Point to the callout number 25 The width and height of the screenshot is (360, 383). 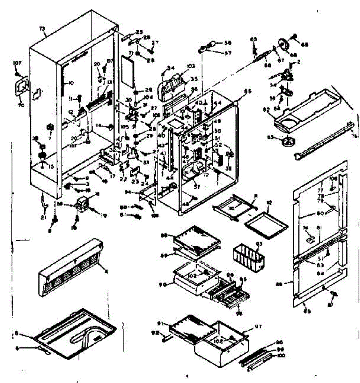pos(139,32)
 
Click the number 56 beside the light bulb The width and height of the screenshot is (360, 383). pos(227,43)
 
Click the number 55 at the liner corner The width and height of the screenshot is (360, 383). pos(248,91)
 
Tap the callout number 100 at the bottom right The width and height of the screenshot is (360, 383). pos(281,355)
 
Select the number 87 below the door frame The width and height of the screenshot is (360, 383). pos(331,297)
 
